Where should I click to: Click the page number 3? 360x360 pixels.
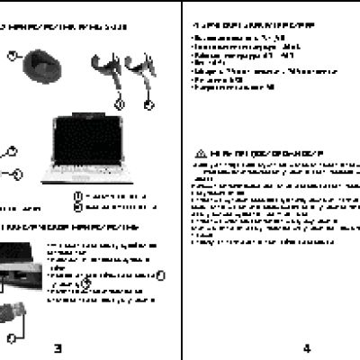57,349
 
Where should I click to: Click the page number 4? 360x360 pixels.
306,349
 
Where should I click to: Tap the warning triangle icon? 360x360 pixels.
200,154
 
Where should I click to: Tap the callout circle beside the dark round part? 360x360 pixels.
13,56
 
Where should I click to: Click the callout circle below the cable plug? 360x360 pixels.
11,337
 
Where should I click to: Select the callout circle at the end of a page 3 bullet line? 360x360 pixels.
159,276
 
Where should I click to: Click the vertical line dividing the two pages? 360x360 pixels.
182,180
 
